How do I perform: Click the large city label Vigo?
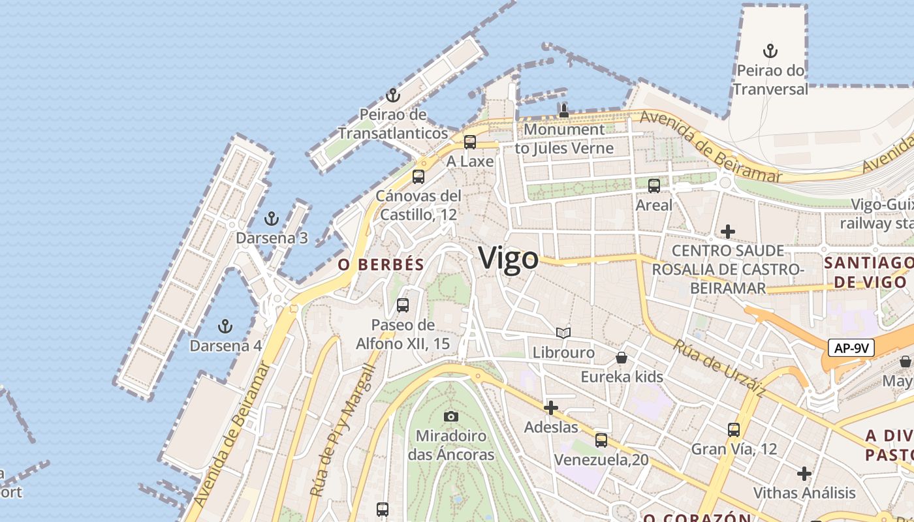click(509, 259)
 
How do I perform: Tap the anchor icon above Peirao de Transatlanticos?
click(392, 96)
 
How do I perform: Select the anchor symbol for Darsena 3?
click(272, 219)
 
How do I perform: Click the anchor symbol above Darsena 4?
click(225, 326)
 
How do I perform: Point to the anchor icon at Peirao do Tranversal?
click(770, 51)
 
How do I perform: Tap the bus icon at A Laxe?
click(469, 142)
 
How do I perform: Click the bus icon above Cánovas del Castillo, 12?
click(418, 177)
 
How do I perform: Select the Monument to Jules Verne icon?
click(564, 111)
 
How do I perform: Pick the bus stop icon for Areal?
click(654, 186)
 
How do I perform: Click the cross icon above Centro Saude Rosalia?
click(728, 232)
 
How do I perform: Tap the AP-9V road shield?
click(851, 348)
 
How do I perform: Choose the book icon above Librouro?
click(563, 333)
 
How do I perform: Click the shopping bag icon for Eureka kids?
click(622, 358)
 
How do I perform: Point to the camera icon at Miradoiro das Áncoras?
click(450, 416)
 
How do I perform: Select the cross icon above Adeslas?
click(551, 408)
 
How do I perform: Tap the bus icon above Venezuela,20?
click(601, 440)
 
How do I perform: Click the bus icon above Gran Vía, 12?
click(734, 430)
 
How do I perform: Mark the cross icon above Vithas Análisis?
click(804, 473)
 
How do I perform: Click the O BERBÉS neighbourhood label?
click(381, 265)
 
